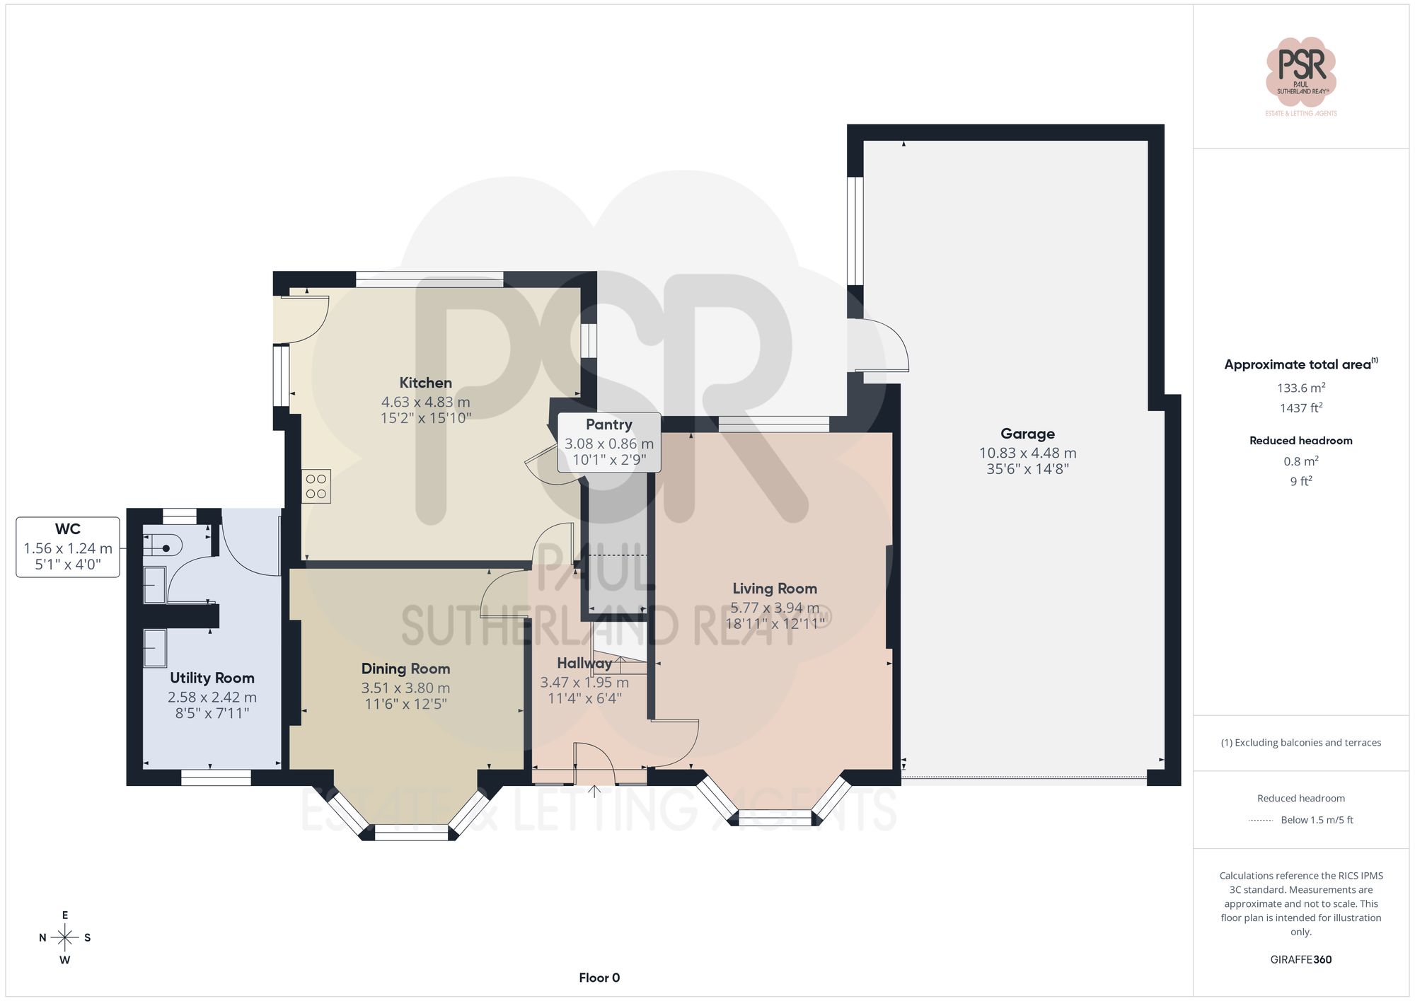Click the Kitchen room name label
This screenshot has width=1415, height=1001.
coord(425,383)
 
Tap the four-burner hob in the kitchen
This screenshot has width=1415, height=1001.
coord(316,486)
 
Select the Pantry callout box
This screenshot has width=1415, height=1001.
coord(609,442)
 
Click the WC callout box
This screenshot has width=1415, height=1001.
coord(68,547)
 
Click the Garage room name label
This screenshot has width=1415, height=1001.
coord(1027,434)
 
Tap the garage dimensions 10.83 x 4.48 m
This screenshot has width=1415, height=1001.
coord(1027,453)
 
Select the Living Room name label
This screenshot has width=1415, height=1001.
coord(774,589)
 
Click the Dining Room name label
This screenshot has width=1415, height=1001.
coord(405,669)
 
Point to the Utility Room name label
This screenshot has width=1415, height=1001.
coord(212,678)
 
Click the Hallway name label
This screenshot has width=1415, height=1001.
coord(584,663)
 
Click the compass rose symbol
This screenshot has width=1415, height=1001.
coord(65,938)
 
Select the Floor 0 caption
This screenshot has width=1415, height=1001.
coord(599,978)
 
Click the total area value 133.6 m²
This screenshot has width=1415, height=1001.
coord(1300,388)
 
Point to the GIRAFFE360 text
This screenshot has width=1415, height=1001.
coord(1300,959)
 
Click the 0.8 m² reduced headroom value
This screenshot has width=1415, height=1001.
coord(1300,461)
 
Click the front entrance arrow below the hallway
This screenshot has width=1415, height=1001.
coord(594,790)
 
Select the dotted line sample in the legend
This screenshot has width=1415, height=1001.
coord(1261,820)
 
